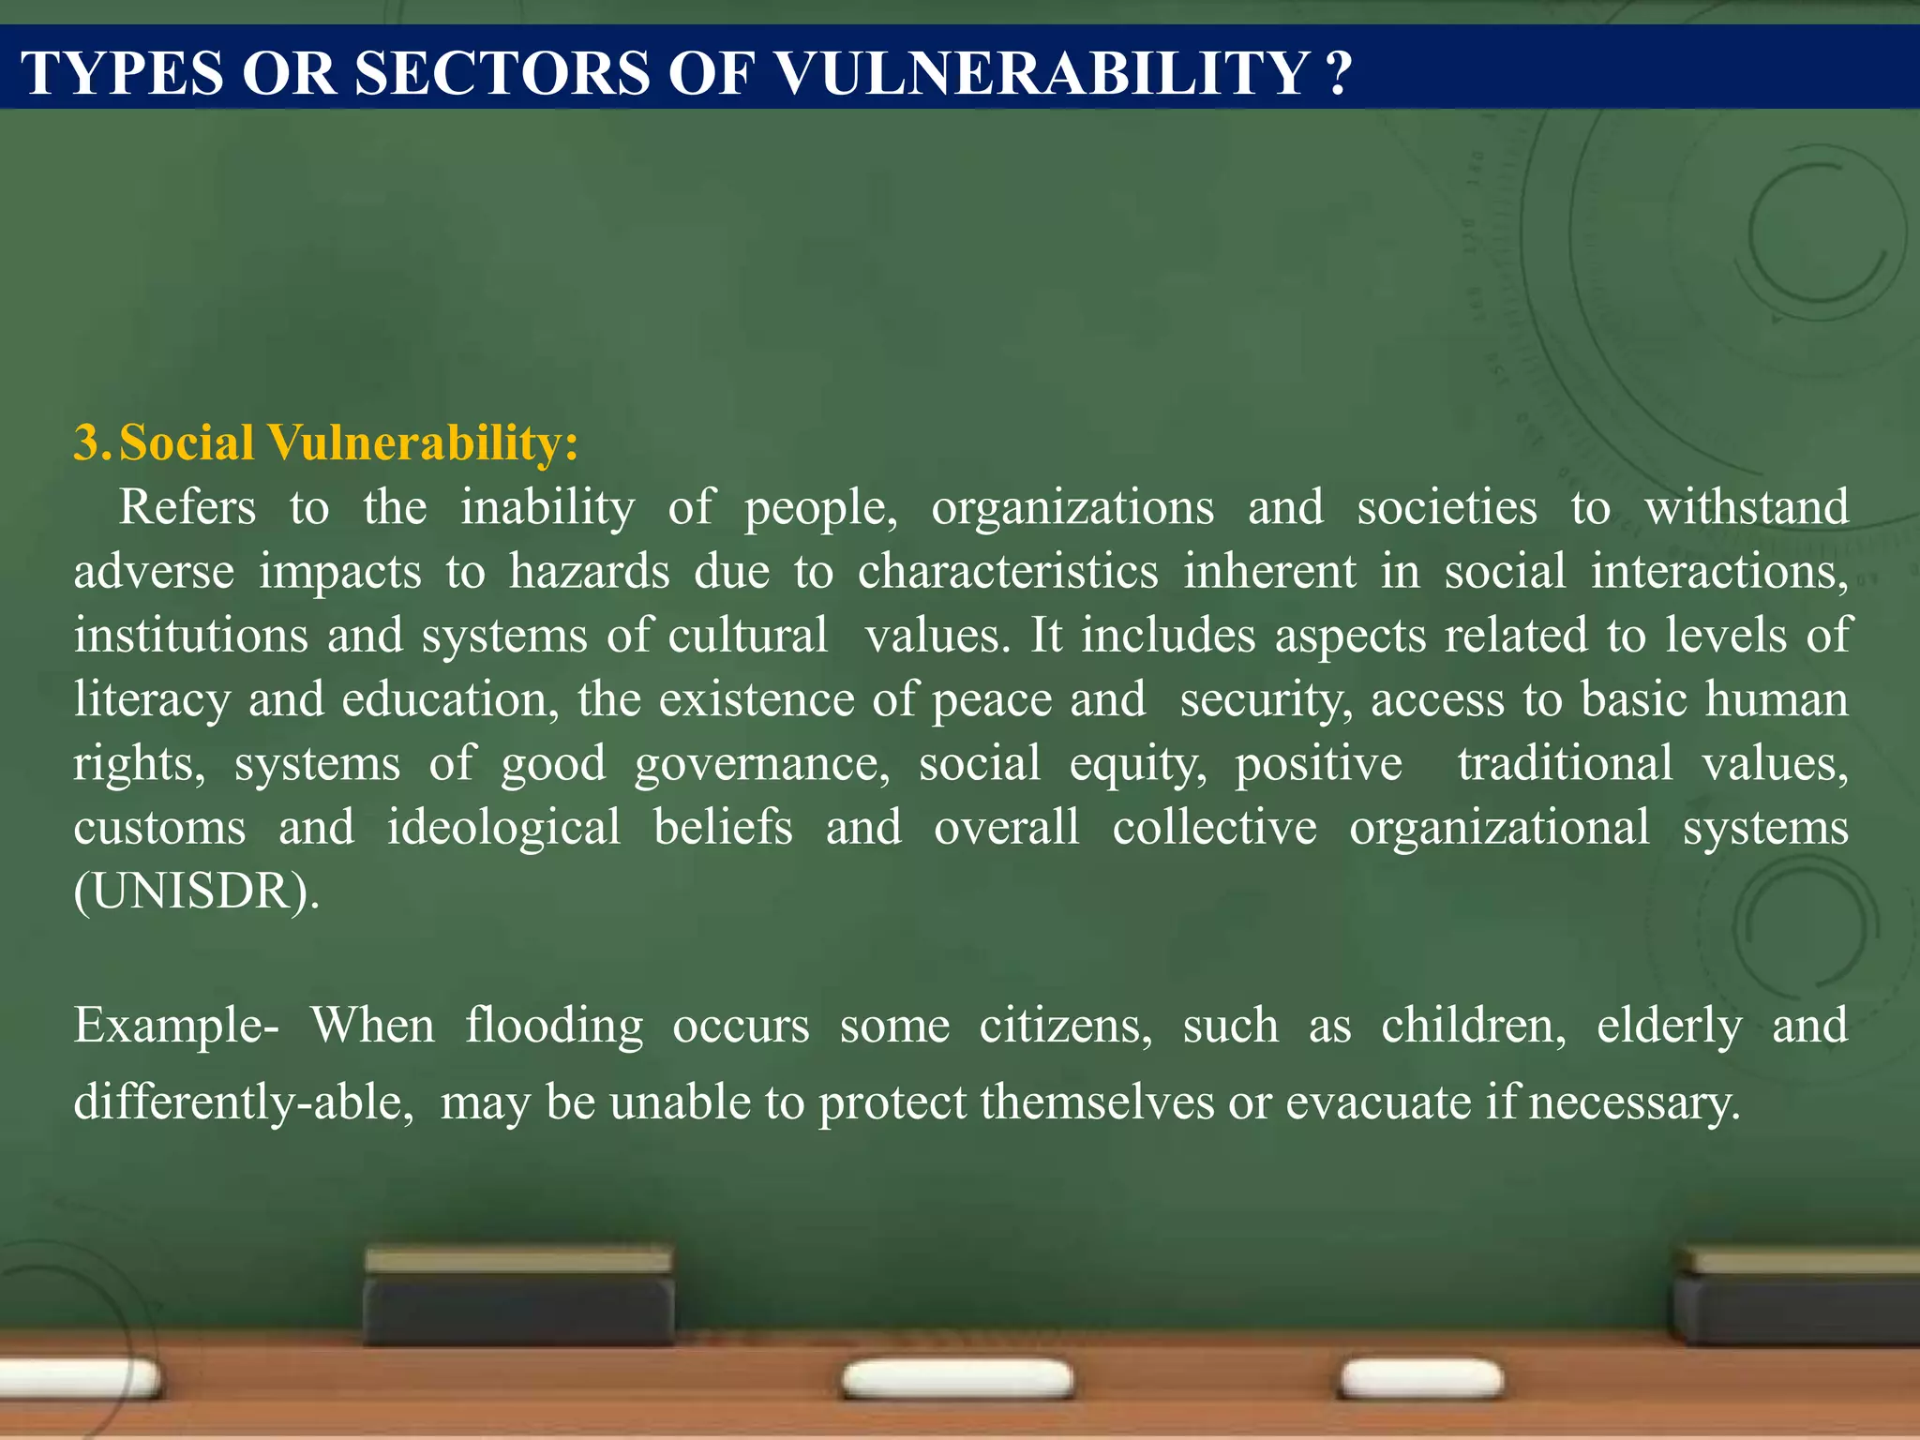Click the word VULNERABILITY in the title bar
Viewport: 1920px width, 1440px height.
tap(1042, 73)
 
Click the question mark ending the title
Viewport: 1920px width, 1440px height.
tap(1340, 73)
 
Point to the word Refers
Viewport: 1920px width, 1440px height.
tap(187, 508)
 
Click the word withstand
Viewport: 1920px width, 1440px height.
tap(1747, 508)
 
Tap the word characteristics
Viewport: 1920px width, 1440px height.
tap(1008, 572)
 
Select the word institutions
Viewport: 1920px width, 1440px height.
tap(190, 636)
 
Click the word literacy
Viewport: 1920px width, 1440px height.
tap(151, 700)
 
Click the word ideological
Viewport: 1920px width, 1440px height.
tap(503, 828)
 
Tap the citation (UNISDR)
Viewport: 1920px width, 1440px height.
tap(196, 892)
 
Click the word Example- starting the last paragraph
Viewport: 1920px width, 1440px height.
tap(175, 1026)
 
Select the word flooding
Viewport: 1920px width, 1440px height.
tap(554, 1026)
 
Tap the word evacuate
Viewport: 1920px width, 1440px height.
tap(1377, 1102)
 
